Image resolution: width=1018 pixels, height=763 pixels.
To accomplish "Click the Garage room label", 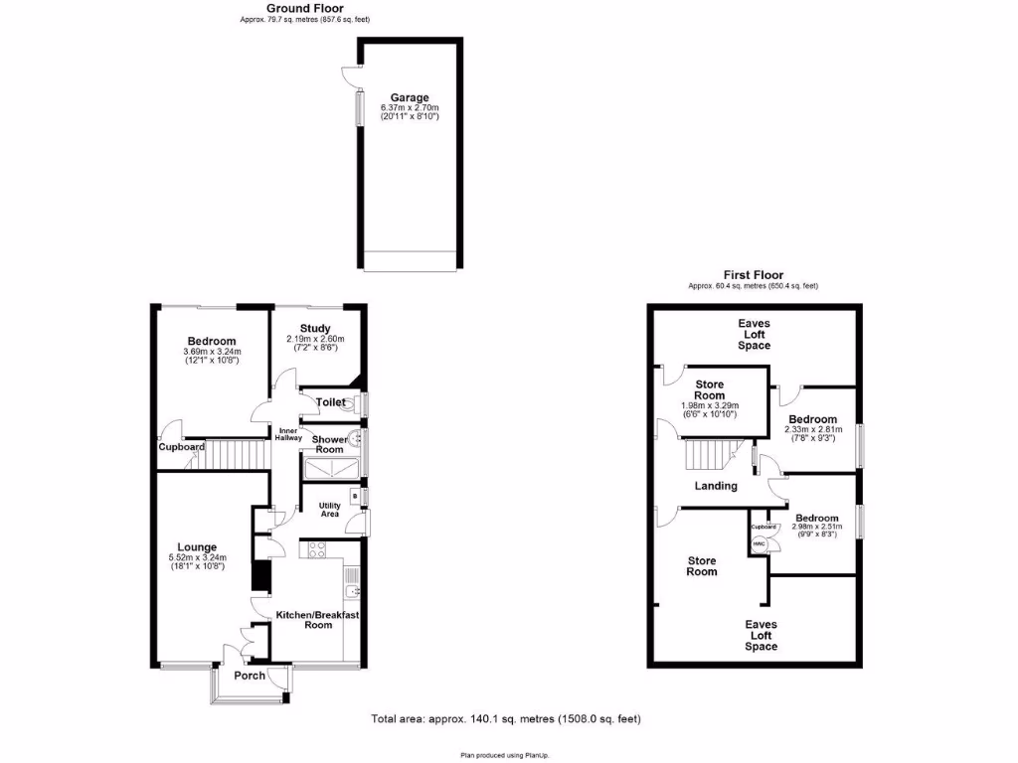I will point(409,97).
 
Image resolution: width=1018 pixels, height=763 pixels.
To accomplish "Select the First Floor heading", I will point(753,275).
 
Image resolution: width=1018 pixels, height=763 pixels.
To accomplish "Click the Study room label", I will point(315,329).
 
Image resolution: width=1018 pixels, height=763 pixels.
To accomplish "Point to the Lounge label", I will point(205,546).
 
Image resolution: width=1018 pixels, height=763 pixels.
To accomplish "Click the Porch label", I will point(250,676).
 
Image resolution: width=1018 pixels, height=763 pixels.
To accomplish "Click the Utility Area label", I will point(329,510).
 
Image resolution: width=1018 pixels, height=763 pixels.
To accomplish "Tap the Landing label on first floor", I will point(716,486).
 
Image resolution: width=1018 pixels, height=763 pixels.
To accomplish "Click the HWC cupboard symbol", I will point(759,543).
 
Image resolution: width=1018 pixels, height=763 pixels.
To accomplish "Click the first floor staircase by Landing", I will point(709,456).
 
